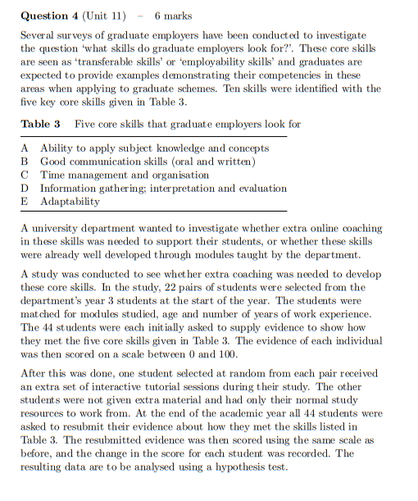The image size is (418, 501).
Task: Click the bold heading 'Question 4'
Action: [x=49, y=16]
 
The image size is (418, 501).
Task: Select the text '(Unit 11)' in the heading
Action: [x=106, y=16]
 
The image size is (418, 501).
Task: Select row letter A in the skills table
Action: [x=25, y=148]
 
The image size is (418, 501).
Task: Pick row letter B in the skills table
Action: [x=25, y=162]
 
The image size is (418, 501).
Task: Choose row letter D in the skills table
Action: [x=25, y=188]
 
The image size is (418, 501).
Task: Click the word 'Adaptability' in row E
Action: [x=70, y=201]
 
